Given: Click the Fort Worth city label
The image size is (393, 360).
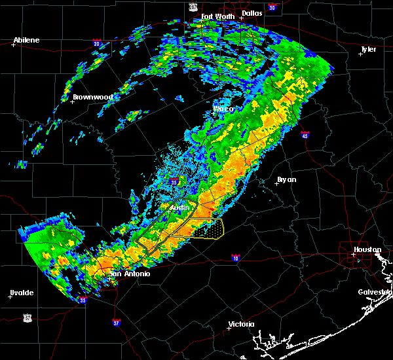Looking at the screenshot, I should pos(217,16).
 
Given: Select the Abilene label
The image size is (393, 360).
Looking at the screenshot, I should pos(26,40).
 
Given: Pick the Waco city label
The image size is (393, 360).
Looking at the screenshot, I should pos(223,109).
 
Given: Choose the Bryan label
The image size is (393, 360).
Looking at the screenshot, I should pos(286,179).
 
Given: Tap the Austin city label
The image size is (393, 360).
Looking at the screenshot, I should pos(179,207).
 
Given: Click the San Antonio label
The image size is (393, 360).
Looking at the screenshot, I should pos(130,274).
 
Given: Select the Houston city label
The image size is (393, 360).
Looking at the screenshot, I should pos(367,250).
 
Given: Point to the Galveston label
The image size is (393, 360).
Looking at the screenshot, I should pos(375,292).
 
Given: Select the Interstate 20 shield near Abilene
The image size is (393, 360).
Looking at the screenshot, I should pos(96,44).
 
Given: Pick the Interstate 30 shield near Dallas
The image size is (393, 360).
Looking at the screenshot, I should pos(272,7).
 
